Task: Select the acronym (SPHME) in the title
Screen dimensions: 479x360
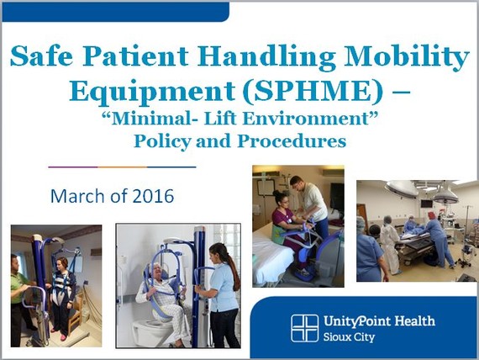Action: [x=313, y=91]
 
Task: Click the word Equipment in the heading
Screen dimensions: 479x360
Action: [x=152, y=92]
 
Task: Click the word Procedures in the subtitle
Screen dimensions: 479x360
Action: [x=292, y=141]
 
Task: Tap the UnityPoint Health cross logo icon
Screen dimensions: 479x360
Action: [x=304, y=328]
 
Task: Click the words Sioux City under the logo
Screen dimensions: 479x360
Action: [x=349, y=337]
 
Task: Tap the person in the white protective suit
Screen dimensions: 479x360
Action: [x=389, y=245]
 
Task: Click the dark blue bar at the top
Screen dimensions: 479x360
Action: [x=115, y=12]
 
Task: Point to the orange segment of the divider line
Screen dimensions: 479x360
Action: [x=122, y=167]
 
